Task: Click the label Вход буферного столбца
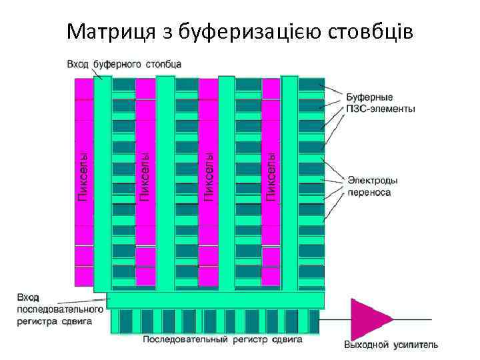coord(123,64)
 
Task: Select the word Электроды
coord(373,180)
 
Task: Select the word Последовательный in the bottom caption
coord(180,339)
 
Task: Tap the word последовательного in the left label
coord(60,309)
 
